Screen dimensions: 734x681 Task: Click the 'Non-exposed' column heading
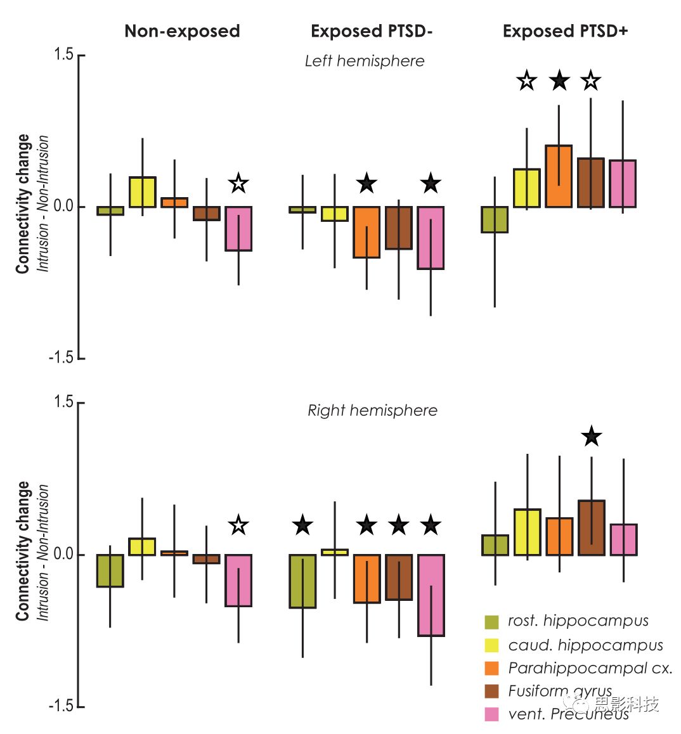click(x=182, y=31)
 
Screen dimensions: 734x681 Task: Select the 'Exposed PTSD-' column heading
click(x=372, y=31)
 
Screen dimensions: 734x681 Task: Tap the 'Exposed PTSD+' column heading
click(x=565, y=31)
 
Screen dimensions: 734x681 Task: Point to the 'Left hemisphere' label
click(x=365, y=61)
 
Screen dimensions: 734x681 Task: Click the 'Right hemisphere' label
click(x=372, y=410)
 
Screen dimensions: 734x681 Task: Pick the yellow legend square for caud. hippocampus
click(x=491, y=645)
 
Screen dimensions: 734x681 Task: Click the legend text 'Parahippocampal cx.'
click(x=590, y=668)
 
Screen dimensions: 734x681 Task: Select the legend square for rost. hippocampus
click(x=491, y=622)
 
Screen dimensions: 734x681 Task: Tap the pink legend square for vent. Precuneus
click(x=491, y=714)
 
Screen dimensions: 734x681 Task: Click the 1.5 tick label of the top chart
click(x=63, y=55)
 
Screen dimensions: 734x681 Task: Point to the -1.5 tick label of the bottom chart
click(x=61, y=705)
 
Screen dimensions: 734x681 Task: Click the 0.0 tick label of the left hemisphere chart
click(x=63, y=206)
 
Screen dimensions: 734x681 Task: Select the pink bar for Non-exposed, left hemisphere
click(x=238, y=229)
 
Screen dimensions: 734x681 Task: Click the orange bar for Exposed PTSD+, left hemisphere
click(x=559, y=177)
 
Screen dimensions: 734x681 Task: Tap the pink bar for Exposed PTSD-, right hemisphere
click(x=431, y=595)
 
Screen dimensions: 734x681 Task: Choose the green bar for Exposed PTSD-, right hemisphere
click(x=302, y=581)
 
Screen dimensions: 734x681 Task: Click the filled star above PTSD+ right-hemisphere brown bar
click(x=591, y=436)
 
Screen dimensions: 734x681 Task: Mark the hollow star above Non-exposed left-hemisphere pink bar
click(x=238, y=183)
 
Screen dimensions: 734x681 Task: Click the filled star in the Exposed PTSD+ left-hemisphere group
click(x=559, y=80)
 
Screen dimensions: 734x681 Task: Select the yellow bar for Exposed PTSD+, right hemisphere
click(x=527, y=532)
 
